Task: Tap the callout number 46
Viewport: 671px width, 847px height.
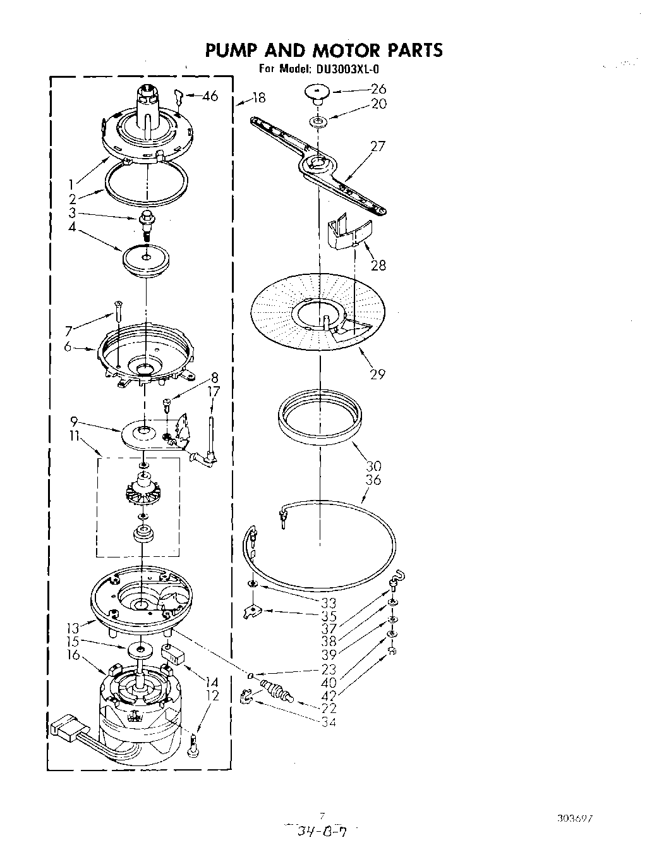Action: [210, 96]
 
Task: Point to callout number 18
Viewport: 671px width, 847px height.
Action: [258, 98]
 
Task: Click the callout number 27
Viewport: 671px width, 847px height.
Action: [378, 147]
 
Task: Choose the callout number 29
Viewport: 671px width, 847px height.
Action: [377, 374]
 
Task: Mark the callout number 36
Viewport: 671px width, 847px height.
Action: [373, 480]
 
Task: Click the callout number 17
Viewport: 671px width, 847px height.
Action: [214, 392]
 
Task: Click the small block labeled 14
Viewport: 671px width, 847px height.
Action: [173, 652]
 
